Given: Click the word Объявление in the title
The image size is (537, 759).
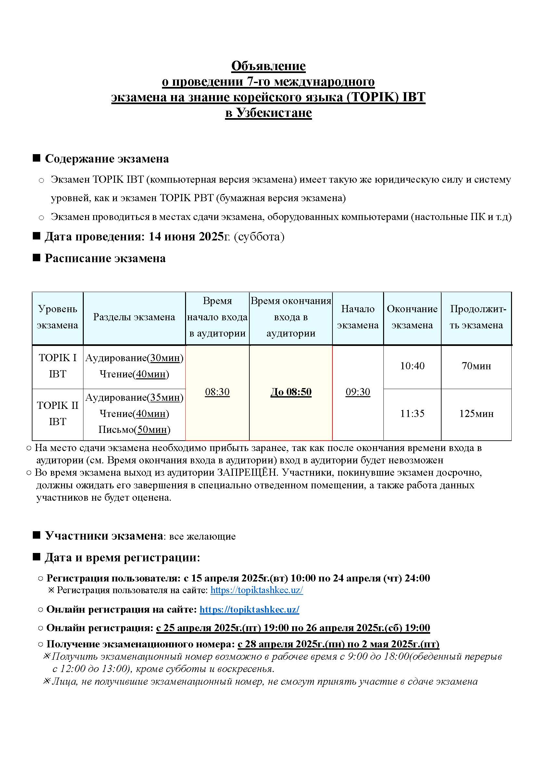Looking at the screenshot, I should tap(268, 66).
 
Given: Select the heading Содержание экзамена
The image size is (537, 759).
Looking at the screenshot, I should tap(106, 159).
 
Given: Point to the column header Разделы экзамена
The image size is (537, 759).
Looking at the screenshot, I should tap(134, 317).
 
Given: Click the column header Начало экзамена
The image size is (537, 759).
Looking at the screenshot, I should tap(357, 317).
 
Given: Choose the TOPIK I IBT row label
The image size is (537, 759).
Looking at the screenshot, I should tap(57, 366).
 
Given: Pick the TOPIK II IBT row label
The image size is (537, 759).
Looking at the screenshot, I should tap(57, 413).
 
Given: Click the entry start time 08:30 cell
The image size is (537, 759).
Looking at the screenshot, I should tap(217, 392).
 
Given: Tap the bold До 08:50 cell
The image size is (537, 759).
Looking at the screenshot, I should tap(291, 392).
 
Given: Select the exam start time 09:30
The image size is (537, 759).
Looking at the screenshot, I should tap(358, 392).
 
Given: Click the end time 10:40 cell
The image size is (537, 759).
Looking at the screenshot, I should tap(412, 366).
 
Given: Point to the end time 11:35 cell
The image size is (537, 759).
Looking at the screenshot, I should tap(412, 413).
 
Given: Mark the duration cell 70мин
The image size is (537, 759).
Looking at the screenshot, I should tap(476, 366).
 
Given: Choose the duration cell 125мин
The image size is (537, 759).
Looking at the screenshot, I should tap(476, 413).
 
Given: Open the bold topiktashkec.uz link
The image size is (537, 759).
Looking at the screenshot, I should tap(249, 610).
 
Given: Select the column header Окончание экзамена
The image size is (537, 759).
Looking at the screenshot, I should tap(412, 317).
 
